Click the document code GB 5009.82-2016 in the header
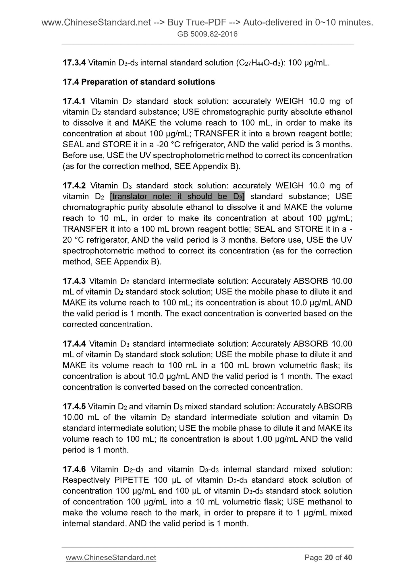[207, 34]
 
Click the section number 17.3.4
[74, 63]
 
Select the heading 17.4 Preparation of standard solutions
[139, 82]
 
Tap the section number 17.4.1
[74, 101]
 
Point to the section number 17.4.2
[74, 186]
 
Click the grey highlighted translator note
[177, 197]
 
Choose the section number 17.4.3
[74, 281]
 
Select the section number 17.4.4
[74, 344]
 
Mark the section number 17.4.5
[74, 407]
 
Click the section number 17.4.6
[74, 470]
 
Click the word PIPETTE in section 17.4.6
[132, 480]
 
